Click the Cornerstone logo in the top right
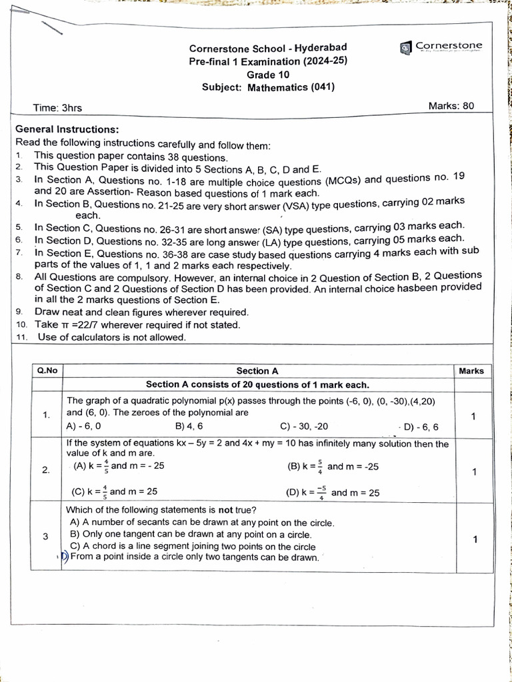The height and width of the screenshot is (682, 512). click(441, 47)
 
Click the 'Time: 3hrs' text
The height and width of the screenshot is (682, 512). click(58, 108)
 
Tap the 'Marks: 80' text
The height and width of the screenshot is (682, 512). click(451, 106)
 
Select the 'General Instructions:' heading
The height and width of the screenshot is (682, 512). click(67, 129)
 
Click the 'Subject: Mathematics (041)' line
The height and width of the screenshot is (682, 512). click(268, 87)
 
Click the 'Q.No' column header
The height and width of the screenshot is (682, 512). click(47, 371)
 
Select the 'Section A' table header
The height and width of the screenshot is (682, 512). click(257, 371)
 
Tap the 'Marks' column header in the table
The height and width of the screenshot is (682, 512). click(471, 371)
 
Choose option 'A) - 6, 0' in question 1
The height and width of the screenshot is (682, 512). click(84, 426)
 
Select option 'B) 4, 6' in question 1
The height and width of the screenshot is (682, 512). click(189, 426)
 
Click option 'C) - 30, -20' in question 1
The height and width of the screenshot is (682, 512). click(304, 426)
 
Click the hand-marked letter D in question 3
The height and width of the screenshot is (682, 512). click(65, 557)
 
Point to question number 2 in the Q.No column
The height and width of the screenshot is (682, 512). click(46, 470)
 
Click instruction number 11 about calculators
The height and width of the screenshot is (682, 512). click(111, 337)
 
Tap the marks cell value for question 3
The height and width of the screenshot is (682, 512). click(474, 539)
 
